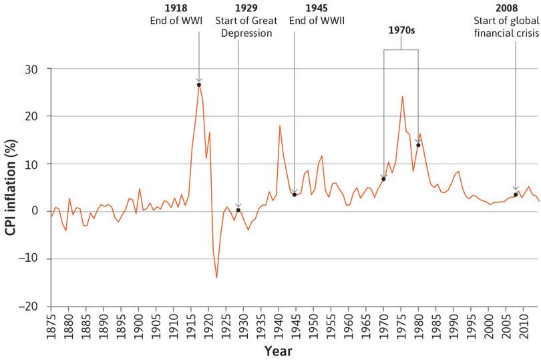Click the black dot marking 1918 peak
[199, 85]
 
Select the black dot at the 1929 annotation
[238, 210]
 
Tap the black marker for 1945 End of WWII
[295, 194]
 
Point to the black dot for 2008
[515, 195]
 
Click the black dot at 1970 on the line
[383, 179]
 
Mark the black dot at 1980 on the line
[418, 145]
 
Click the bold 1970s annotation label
[401, 31]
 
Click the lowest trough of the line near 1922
[216, 277]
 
